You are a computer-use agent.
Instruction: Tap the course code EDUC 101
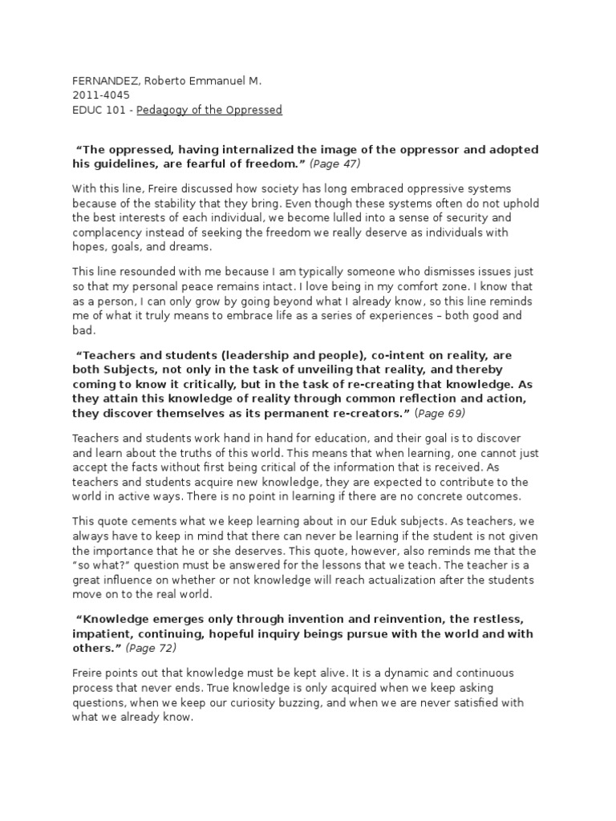point(99,110)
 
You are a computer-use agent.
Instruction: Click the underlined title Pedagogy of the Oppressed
point(209,110)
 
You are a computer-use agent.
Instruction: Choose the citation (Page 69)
point(440,414)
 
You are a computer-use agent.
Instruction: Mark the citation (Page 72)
point(151,648)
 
